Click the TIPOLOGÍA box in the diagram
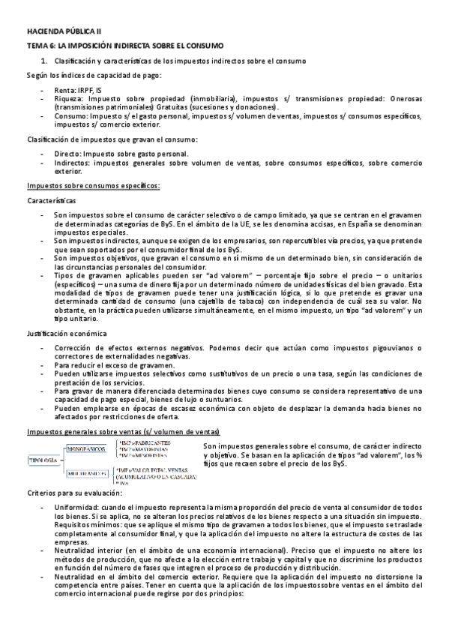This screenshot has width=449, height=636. coord(43,459)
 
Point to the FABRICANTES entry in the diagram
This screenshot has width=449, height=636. coord(151,442)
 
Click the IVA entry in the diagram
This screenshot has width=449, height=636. coord(125,484)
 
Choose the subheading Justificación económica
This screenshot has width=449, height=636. coord(66,332)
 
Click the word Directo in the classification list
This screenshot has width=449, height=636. coord(67,154)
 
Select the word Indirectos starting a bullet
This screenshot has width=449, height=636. coord(73,163)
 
